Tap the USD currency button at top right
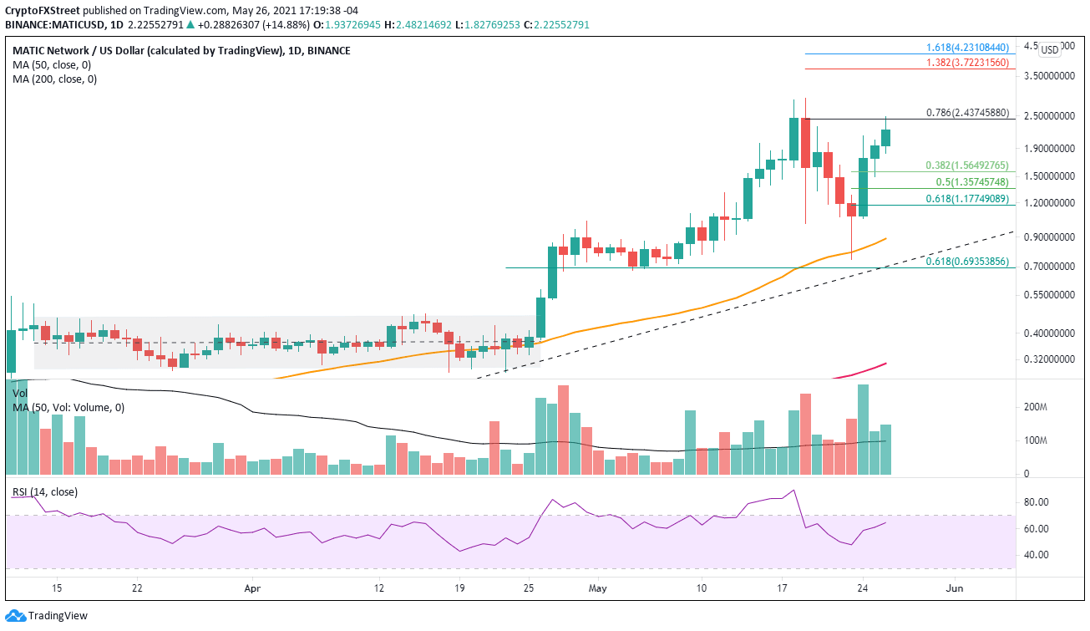[1049, 49]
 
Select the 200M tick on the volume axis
[1036, 407]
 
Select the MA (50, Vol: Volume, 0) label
[68, 407]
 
